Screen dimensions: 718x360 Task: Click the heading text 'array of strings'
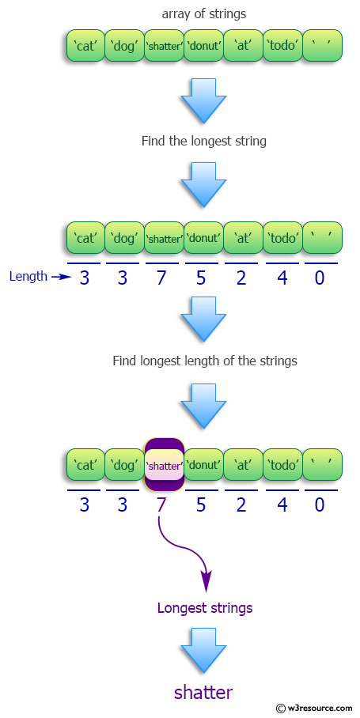(203, 14)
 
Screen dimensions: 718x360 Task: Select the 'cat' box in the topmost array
(85, 46)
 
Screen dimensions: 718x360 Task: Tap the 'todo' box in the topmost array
(282, 46)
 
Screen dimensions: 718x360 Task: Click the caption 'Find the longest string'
(203, 142)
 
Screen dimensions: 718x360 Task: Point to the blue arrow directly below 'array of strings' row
(203, 99)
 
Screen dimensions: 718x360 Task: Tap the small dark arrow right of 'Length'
(60, 277)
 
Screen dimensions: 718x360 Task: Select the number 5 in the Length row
(203, 278)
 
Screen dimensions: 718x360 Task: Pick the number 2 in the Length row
(243, 278)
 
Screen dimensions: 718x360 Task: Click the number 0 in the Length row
(320, 278)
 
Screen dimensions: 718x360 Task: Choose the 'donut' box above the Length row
(203, 237)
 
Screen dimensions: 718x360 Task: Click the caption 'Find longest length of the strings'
(204, 361)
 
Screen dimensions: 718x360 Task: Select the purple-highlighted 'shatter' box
(164, 465)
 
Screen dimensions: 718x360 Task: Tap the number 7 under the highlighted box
(162, 504)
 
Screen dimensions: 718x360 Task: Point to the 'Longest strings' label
(204, 608)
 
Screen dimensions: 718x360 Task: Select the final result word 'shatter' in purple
(203, 693)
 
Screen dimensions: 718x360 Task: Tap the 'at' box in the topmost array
(243, 46)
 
